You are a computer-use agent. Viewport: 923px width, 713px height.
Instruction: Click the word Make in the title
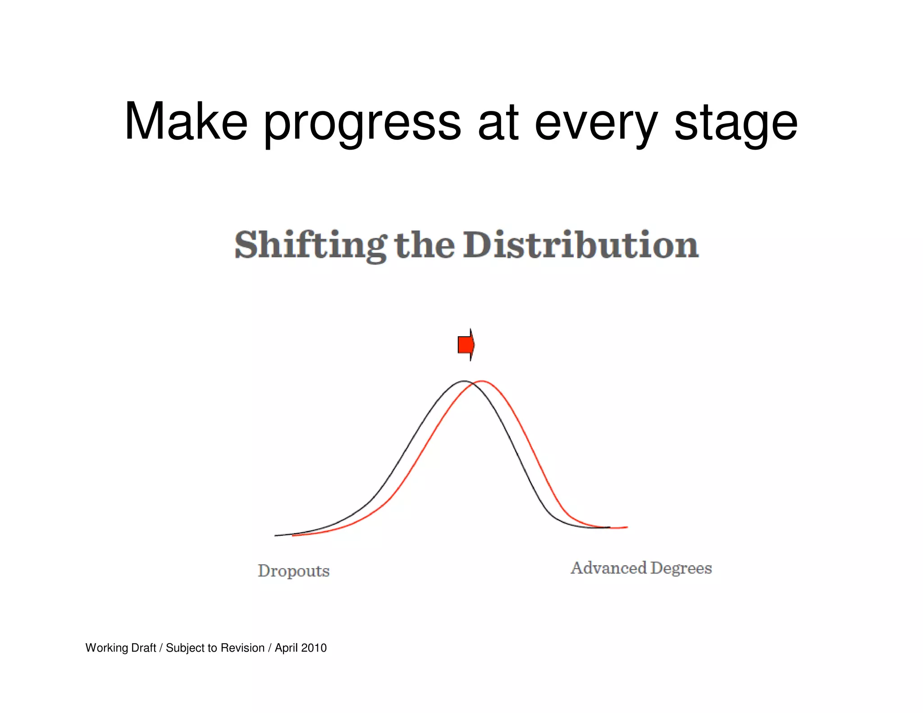click(x=186, y=122)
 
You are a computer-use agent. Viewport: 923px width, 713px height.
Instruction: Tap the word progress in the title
click(x=362, y=123)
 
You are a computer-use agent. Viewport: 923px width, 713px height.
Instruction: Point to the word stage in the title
click(x=736, y=123)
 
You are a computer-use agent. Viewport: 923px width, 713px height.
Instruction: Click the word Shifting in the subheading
click(x=311, y=245)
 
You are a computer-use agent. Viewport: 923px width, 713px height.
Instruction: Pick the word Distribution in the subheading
click(x=581, y=245)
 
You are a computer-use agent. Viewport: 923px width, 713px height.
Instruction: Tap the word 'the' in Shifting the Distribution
click(x=425, y=245)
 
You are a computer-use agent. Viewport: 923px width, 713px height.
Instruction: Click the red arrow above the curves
click(x=466, y=345)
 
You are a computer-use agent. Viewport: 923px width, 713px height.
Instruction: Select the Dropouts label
click(x=293, y=571)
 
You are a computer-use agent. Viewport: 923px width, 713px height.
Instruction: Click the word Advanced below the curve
click(x=608, y=568)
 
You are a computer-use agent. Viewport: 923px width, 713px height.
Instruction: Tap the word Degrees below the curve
click(x=681, y=568)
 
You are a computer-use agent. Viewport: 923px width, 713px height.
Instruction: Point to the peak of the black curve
click(x=464, y=381)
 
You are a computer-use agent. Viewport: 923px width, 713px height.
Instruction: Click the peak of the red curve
click(x=482, y=381)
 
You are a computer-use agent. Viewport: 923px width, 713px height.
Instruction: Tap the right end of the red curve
click(x=626, y=527)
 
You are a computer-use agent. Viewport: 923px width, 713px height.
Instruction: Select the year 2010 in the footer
click(x=314, y=648)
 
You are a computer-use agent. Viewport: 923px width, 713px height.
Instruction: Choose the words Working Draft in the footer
click(x=120, y=648)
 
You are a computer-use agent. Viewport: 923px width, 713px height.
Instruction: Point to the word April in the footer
click(x=286, y=648)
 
